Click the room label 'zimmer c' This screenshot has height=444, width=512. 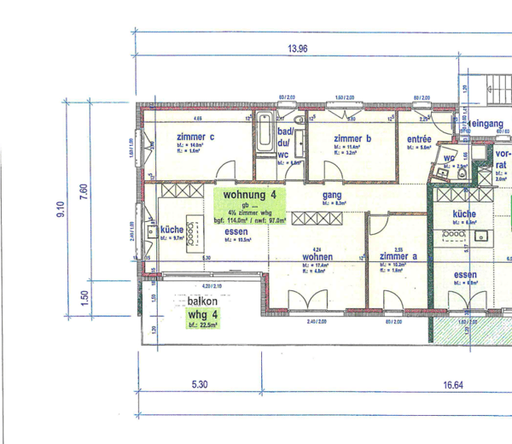[x=195, y=137]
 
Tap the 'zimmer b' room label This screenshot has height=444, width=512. [x=352, y=138]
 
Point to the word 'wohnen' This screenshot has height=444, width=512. [x=317, y=256]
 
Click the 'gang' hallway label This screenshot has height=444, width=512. [x=332, y=195]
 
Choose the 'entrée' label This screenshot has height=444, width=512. [x=418, y=138]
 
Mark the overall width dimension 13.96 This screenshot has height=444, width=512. [x=297, y=49]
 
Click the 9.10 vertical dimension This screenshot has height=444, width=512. [x=61, y=208]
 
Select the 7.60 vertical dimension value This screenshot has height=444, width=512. [x=83, y=192]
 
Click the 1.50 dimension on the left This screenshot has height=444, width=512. [x=83, y=295]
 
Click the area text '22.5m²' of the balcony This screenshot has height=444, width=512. [x=207, y=324]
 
